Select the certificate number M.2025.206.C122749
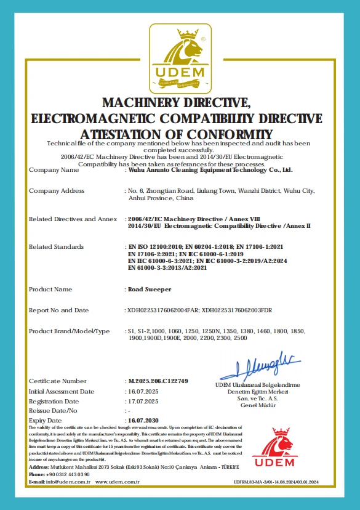click(x=158, y=381)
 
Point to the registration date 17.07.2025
click(x=143, y=401)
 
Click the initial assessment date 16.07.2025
click(x=143, y=391)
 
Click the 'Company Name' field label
click(x=54, y=169)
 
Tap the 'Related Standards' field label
click(x=56, y=246)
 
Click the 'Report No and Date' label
click(x=59, y=310)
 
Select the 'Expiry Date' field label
click(x=45, y=420)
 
